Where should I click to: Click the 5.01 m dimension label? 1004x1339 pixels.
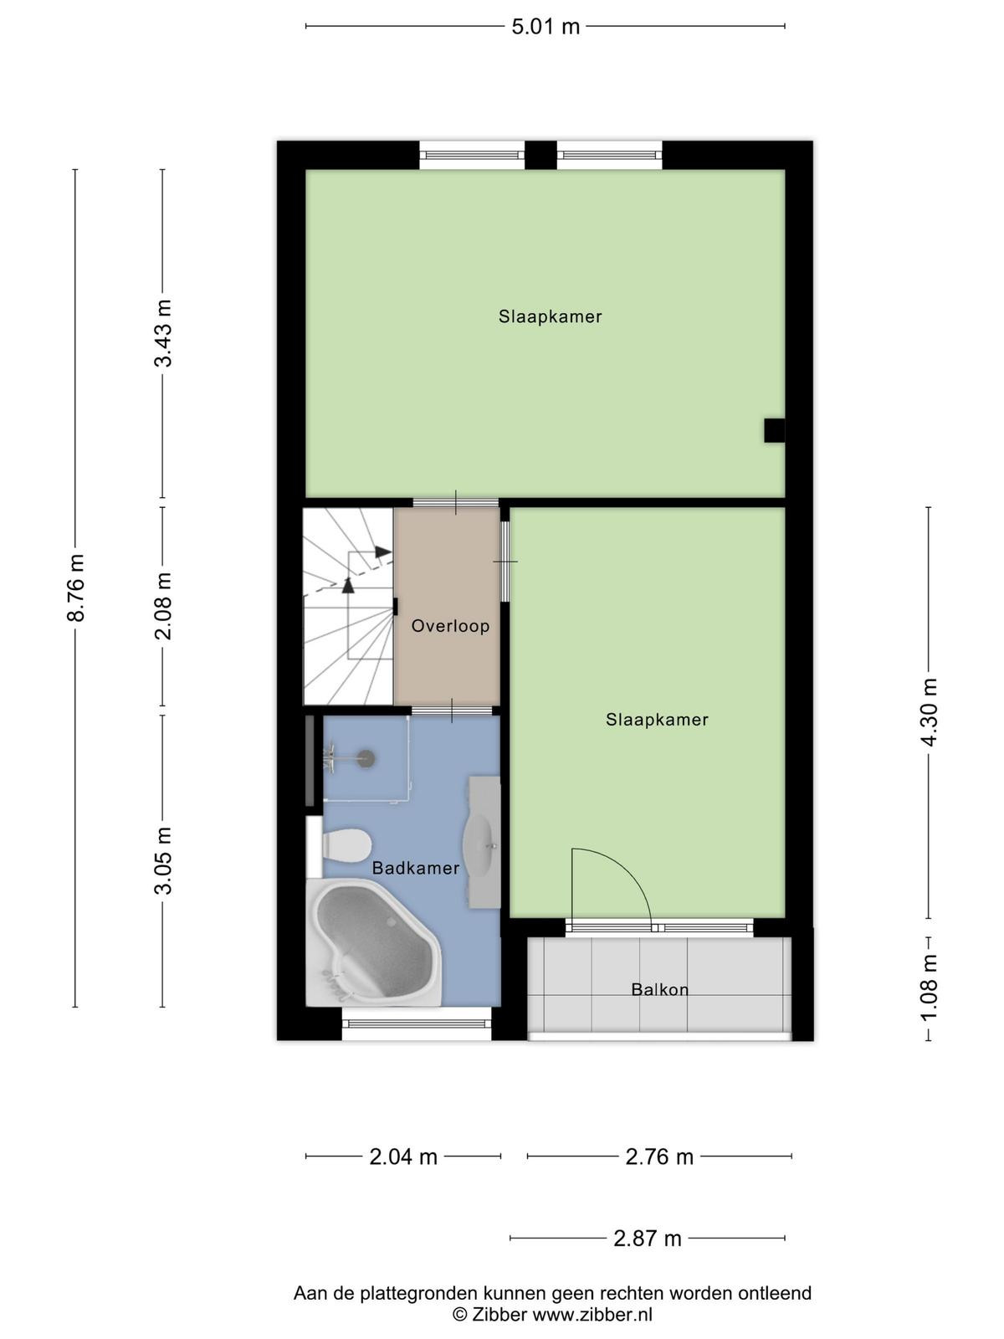[x=545, y=27]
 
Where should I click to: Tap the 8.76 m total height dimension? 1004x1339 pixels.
[x=75, y=588]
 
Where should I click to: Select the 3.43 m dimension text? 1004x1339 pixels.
[x=163, y=333]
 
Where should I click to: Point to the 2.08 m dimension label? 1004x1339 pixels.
[x=163, y=606]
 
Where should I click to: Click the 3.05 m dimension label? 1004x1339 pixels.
[x=163, y=860]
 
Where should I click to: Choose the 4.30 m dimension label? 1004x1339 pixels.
[x=929, y=712]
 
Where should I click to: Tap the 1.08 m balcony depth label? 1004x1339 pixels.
[x=929, y=988]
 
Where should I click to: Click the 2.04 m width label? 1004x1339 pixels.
[x=403, y=1157]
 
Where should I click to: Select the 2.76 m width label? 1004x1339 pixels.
[x=659, y=1157]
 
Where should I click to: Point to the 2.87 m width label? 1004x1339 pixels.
[x=647, y=1239]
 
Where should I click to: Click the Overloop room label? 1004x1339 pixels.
[x=450, y=626]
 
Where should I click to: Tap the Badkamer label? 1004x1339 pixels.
[x=416, y=868]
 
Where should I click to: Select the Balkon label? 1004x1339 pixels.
[x=659, y=989]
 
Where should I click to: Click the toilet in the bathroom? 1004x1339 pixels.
[x=346, y=845]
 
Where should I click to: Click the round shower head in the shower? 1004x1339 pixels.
[x=366, y=759]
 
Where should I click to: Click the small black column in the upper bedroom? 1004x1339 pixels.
[x=774, y=430]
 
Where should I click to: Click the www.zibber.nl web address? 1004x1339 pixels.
[x=592, y=1315]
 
